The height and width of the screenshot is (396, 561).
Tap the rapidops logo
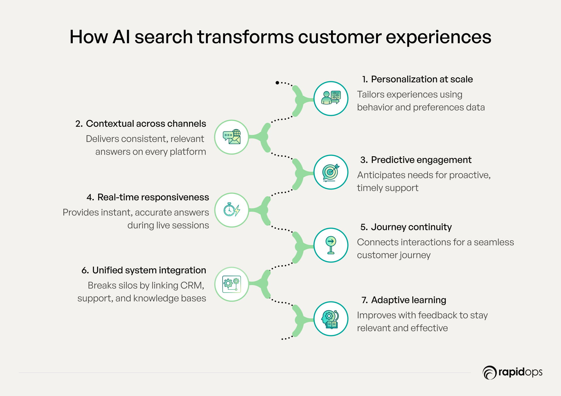[x=512, y=373]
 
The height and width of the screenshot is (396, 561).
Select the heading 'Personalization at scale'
[x=422, y=79]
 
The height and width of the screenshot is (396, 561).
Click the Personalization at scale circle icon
[x=331, y=98]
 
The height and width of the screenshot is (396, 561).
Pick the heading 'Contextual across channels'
[x=146, y=124]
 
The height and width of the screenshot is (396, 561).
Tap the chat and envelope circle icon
[x=231, y=137]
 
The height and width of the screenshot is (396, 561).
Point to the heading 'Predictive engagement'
[x=421, y=160]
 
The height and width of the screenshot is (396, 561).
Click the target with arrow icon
[x=331, y=172]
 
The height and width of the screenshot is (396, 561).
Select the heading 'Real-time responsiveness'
[x=153, y=197]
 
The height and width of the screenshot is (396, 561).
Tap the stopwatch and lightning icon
[x=231, y=210]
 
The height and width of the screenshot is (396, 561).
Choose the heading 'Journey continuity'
[x=411, y=227]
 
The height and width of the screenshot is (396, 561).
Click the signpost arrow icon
[x=331, y=245]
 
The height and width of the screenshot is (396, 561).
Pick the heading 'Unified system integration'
[x=149, y=270]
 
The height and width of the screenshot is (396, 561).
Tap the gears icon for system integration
[x=231, y=284]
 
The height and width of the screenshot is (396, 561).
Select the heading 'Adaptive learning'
[x=408, y=300]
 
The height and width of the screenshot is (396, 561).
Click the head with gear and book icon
[x=331, y=319]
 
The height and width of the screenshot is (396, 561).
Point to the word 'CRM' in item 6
[x=192, y=285]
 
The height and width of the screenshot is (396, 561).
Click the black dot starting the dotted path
[x=277, y=83]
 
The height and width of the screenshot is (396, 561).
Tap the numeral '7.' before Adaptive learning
[x=365, y=300]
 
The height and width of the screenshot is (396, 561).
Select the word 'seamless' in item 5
[x=494, y=242]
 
